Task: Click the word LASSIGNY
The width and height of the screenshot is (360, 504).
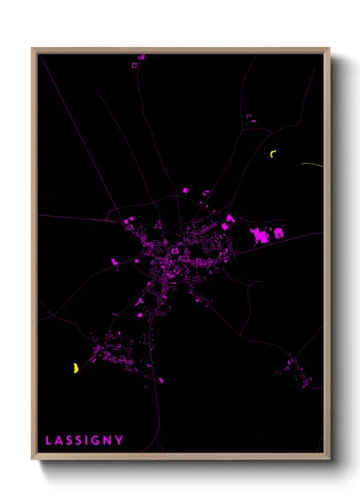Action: (84, 441)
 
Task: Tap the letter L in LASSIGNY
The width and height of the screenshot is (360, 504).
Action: (49, 441)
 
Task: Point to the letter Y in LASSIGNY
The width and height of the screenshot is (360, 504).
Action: (120, 441)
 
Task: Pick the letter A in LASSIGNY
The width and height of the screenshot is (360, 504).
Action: (59, 441)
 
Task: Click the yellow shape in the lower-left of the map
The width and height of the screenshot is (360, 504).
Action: (76, 369)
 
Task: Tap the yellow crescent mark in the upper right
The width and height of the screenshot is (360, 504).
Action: (273, 154)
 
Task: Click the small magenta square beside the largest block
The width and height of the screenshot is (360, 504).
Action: (278, 232)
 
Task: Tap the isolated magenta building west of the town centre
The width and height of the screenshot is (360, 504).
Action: (113, 261)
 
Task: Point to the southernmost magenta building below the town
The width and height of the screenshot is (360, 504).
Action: (160, 380)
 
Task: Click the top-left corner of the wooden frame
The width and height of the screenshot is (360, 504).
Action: (33, 49)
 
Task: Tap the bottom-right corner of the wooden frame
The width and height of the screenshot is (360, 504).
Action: (328, 458)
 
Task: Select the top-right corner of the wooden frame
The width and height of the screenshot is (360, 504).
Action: (328, 49)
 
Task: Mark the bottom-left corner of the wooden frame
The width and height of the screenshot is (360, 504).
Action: (33, 458)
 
